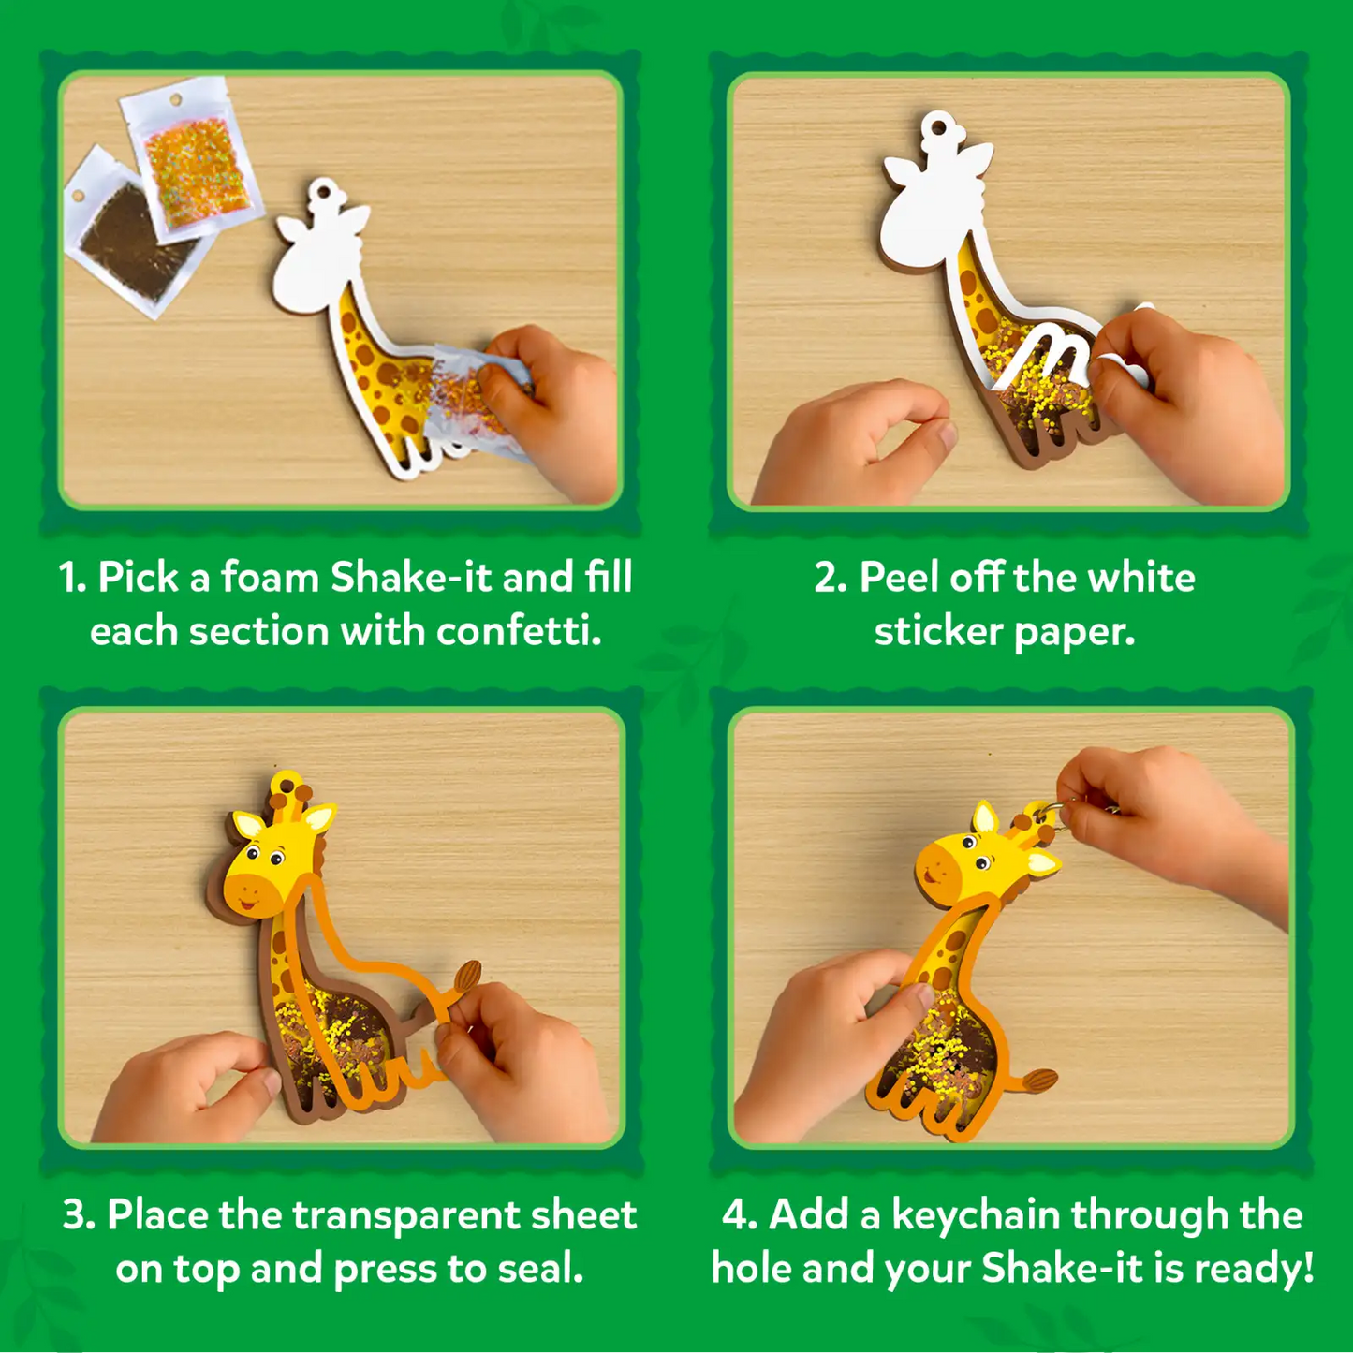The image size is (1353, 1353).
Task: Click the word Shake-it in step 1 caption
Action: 410,578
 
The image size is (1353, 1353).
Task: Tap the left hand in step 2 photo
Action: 852,440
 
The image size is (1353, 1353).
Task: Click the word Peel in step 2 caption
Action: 899,578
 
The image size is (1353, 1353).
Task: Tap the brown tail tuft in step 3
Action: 467,978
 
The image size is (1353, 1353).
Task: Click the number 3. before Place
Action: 79,1215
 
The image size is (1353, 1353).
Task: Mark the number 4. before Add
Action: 739,1215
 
